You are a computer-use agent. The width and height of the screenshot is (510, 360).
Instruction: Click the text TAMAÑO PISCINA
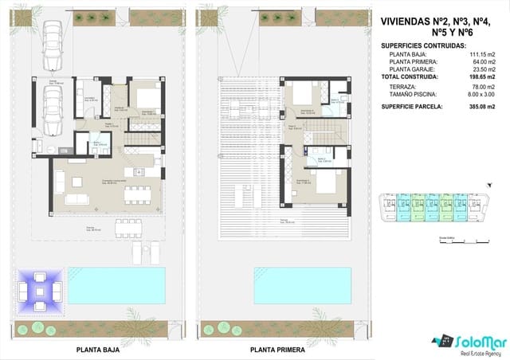click(x=413, y=94)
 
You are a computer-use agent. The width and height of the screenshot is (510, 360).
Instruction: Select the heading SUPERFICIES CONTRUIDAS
click(x=424, y=45)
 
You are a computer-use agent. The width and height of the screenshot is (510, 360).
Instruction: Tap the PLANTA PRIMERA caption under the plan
click(x=277, y=349)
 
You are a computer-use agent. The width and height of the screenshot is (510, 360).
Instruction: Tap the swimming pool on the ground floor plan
click(x=116, y=280)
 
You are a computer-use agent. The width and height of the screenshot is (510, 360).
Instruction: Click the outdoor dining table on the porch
click(x=129, y=229)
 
